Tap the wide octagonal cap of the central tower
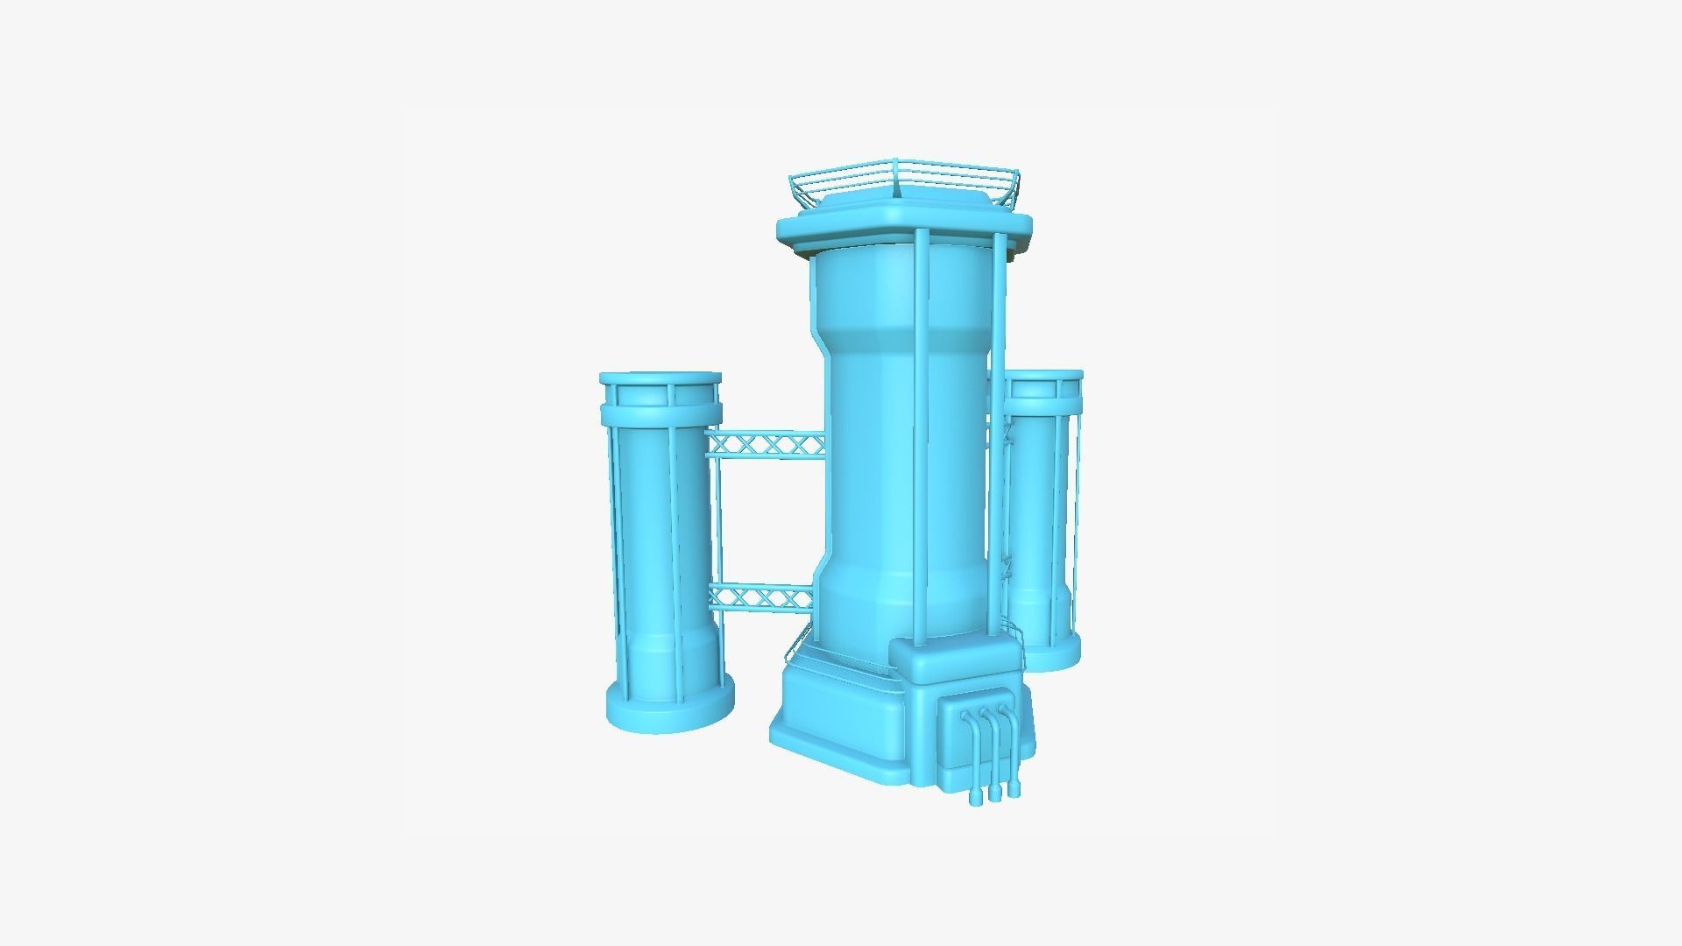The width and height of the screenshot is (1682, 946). [902, 229]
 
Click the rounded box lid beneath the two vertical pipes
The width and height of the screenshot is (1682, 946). [955, 661]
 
